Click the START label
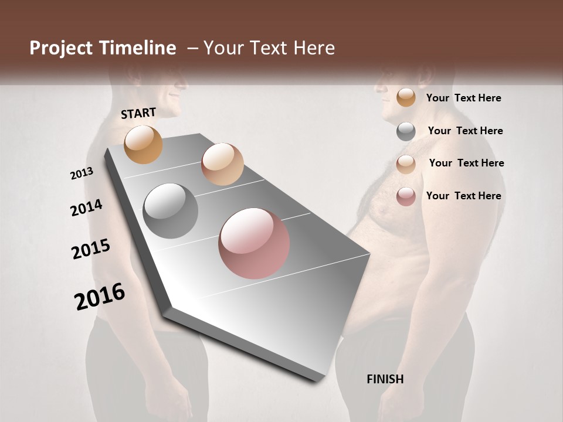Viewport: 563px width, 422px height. point(138,113)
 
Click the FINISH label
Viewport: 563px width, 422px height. point(385,379)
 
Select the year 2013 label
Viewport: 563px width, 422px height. point(82,173)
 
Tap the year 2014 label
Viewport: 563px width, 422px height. point(86,207)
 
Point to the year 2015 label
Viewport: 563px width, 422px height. point(91,249)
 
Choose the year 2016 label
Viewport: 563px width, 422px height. point(100,296)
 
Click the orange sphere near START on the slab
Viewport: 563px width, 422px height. point(143,144)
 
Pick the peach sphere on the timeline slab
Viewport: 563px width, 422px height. point(222,164)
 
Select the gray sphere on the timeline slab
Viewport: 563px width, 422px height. point(171,211)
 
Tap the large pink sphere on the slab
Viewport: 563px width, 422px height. point(254,243)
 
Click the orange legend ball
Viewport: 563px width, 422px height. point(406,98)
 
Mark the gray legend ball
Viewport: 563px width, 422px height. point(406,131)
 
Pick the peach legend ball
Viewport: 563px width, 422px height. point(406,164)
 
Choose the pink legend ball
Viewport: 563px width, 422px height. point(406,196)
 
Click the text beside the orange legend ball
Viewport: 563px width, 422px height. point(463,98)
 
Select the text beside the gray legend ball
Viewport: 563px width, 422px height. point(465,131)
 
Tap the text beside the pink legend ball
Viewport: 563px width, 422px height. point(463,196)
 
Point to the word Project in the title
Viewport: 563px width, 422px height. point(62,48)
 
